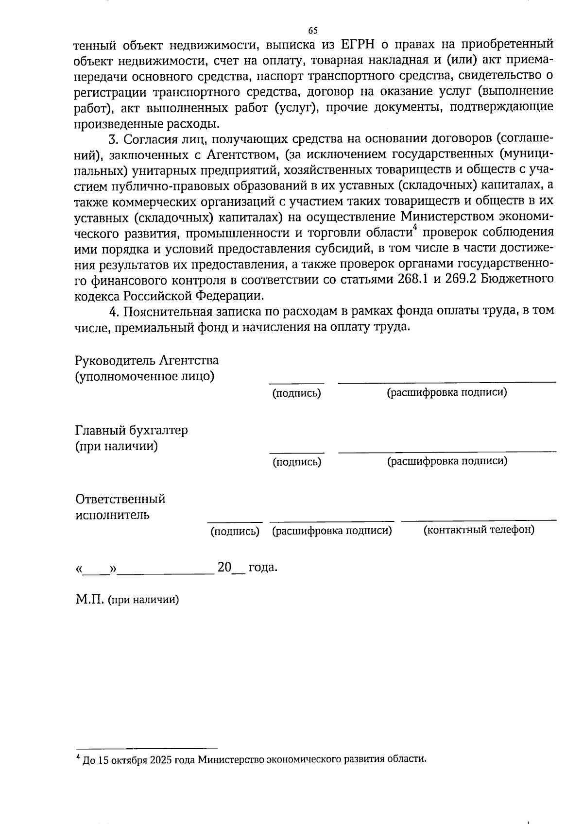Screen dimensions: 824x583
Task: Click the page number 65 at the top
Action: point(313,30)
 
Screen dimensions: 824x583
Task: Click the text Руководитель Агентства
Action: point(147,360)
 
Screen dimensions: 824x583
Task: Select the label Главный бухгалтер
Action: point(131,430)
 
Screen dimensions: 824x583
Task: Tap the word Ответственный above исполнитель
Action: point(120,499)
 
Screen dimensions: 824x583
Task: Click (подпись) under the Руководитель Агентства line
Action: point(296,393)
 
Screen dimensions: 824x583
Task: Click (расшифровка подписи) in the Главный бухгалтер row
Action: point(447,461)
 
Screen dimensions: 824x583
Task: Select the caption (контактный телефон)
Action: point(479,529)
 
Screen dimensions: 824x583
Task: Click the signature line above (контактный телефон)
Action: point(479,521)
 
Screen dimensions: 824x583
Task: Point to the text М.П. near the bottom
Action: point(90,599)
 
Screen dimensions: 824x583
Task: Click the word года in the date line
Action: point(263,567)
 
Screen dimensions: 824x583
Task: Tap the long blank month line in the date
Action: point(166,573)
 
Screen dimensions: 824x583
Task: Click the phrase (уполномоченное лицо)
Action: point(144,376)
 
